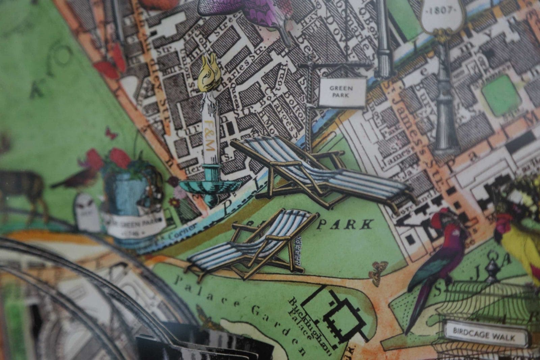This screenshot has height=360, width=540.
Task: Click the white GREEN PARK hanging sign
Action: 342,91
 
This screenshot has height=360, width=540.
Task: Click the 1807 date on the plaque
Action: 441,10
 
